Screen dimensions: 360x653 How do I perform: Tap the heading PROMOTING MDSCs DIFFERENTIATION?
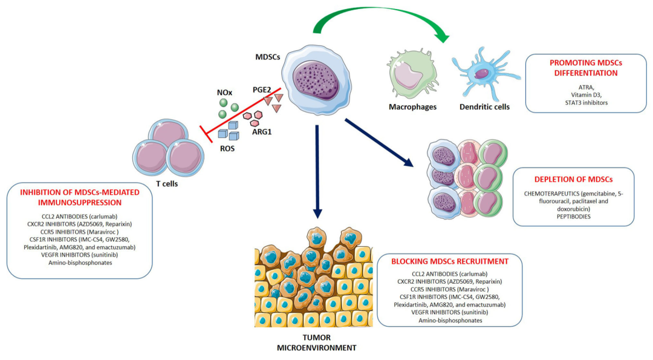coord(583,67)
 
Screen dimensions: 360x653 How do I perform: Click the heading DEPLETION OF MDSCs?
coord(574,180)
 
